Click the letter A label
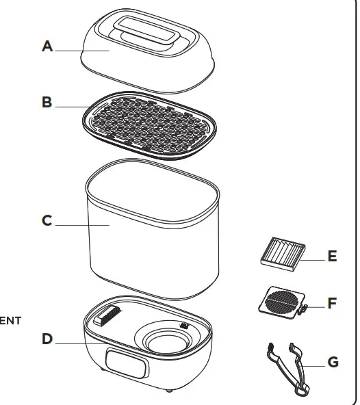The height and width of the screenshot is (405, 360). [47, 47]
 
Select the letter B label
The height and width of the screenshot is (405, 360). [47, 103]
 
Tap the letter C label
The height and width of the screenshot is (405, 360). [47, 221]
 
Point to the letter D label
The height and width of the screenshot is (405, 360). [47, 338]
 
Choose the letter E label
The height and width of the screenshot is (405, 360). [332, 257]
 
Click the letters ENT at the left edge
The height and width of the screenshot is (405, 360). [10, 319]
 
